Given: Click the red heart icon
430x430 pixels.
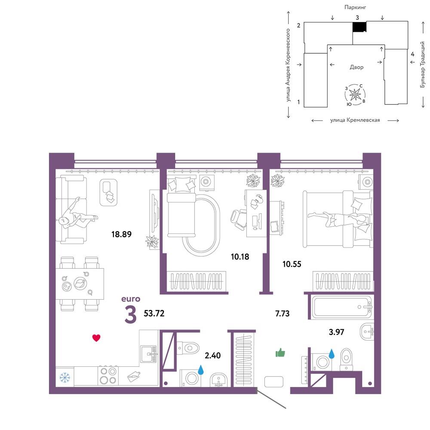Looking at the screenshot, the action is [x=96, y=338].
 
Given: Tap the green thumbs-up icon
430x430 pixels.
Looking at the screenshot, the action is [x=280, y=353].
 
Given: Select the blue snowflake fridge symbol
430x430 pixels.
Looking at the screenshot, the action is [x=65, y=378].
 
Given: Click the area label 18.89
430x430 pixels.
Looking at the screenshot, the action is [x=121, y=234].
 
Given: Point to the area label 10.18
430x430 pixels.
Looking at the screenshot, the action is [x=240, y=257].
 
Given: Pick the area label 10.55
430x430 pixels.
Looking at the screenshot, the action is [x=292, y=264].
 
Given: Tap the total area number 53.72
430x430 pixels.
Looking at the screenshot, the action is [x=154, y=313].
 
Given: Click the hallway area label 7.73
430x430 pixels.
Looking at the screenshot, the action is [x=282, y=313].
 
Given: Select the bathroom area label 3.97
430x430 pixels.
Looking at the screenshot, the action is [x=336, y=332].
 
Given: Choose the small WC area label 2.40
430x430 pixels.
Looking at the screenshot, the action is [x=212, y=356].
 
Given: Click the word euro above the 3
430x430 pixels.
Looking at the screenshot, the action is [x=131, y=299].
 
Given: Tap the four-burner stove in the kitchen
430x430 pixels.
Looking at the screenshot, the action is [x=108, y=376].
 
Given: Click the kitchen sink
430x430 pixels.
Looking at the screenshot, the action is [x=149, y=354].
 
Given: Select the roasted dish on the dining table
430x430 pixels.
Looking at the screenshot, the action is [x=80, y=283].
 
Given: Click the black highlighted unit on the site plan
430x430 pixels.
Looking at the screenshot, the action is [x=359, y=27].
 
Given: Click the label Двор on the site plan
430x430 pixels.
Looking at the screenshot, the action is [x=356, y=67].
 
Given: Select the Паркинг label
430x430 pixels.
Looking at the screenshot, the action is [x=355, y=7].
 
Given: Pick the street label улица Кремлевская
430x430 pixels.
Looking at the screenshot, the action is [x=355, y=120].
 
